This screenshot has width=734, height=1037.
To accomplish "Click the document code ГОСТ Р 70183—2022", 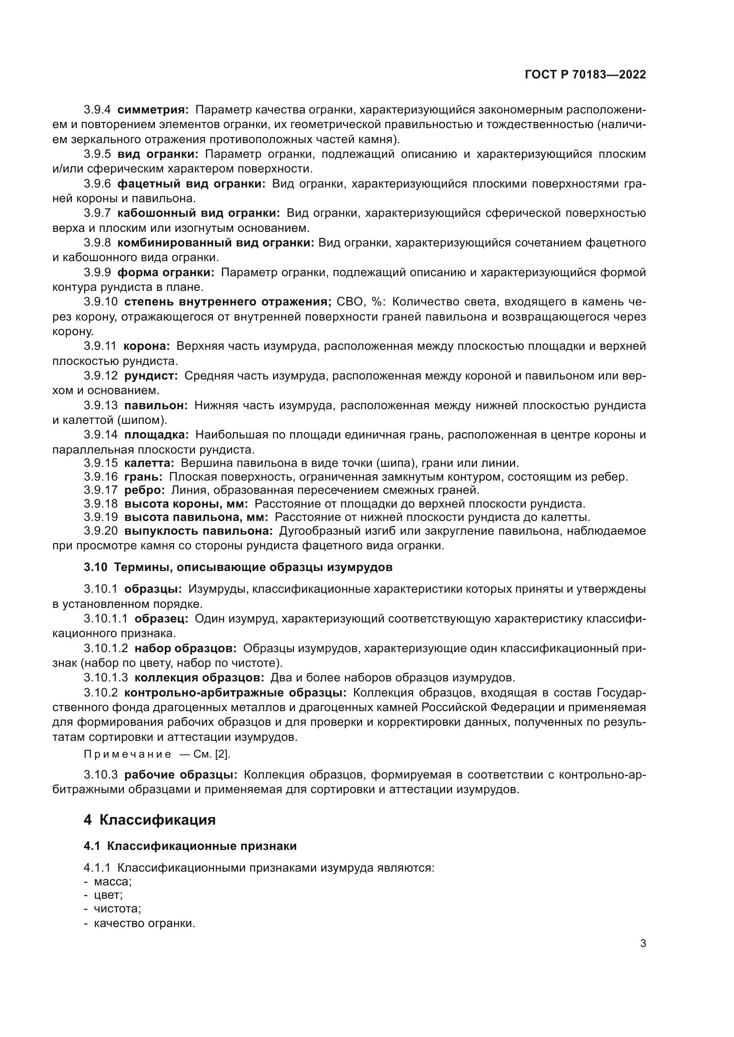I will [585, 75].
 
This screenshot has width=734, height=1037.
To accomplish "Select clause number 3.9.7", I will [97, 213].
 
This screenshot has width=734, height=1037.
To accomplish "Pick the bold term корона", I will [146, 346].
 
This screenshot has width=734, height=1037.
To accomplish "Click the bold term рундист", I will [151, 376].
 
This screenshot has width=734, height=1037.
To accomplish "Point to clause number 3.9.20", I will [100, 531].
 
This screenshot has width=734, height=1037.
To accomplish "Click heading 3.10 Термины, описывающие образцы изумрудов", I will [238, 568].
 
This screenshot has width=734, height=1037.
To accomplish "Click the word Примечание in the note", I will [127, 754].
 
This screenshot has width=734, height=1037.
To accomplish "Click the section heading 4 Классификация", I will [150, 820].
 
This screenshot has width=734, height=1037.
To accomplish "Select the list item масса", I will [113, 882].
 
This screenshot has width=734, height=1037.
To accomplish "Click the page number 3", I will [643, 943].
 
